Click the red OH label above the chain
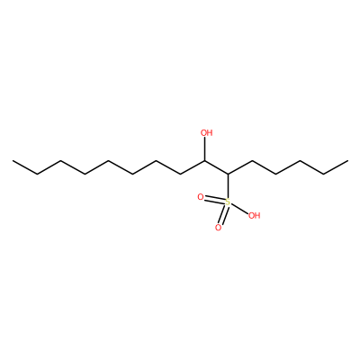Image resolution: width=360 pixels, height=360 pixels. coord(206,133)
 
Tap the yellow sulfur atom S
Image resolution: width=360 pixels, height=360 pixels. coord(228,202)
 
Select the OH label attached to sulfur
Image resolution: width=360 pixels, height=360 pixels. coord(254,215)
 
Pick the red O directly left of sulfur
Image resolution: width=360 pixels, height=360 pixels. coord(201,197)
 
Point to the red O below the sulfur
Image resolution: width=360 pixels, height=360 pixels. coord(218,228)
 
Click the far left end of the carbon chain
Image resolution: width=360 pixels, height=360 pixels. coord(13,160)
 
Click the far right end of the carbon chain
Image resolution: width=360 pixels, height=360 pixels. coord(347,160)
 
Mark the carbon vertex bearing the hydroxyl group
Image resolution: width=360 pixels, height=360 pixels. coord(204,160)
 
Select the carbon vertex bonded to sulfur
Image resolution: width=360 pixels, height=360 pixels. coord(228,174)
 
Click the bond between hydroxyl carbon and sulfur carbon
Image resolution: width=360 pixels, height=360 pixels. coord(216,167)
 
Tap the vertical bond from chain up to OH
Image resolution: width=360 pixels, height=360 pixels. coord(204,149)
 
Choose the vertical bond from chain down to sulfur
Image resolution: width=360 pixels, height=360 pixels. coord(228,186)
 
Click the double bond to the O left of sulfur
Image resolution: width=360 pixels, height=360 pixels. coord(214,200)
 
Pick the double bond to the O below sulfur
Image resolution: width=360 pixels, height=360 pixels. coord(223,215)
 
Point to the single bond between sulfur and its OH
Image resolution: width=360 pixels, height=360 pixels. coord(239,208)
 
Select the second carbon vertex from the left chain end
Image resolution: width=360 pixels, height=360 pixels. coord(37,174)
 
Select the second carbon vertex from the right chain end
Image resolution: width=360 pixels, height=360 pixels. coord(324,174)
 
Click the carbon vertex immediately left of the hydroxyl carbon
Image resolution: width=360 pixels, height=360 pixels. coord(180,174)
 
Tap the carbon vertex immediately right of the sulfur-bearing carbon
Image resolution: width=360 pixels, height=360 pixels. coord(252,160)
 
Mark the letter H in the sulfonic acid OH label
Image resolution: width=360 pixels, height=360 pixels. coord(257,215)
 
